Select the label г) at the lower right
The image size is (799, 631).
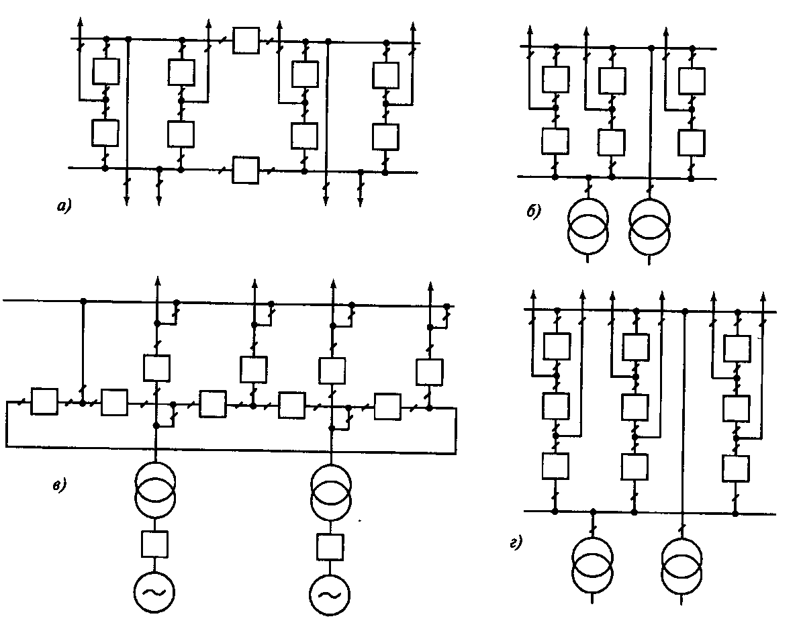click(x=516, y=543)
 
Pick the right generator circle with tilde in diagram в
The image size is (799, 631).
click(x=330, y=595)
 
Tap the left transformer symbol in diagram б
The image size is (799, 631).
click(x=589, y=226)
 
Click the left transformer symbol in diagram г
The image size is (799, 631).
click(x=593, y=561)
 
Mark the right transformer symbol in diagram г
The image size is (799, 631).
click(x=681, y=561)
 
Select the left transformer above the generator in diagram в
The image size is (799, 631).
click(x=156, y=487)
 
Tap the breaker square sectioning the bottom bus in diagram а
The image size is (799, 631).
click(x=245, y=169)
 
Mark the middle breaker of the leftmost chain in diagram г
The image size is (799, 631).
click(x=555, y=405)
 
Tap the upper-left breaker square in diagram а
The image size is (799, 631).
click(x=105, y=70)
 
